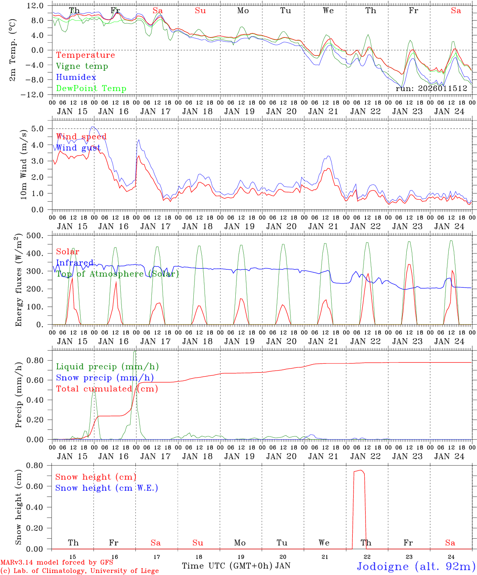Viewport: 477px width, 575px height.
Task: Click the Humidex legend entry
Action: coord(76,77)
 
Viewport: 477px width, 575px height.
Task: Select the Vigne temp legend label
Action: coord(82,66)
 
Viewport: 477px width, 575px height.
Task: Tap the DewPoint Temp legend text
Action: coord(91,89)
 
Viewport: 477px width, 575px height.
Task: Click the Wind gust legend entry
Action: coord(78,148)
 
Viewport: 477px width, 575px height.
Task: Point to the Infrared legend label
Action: coord(75,263)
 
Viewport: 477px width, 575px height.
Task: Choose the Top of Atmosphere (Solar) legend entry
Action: coord(117,274)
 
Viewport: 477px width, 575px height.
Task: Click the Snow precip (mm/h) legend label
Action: coord(105,378)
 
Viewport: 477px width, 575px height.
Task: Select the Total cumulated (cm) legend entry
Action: coord(107,389)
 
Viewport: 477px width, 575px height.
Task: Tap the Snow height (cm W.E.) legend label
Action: coord(106,488)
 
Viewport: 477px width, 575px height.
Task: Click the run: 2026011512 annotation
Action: coord(431,89)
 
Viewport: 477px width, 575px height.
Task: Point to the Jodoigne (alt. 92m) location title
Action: coord(416,566)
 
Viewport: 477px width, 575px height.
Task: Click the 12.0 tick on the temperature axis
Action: coord(36,6)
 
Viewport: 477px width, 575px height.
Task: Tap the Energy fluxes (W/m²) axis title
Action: coord(18,280)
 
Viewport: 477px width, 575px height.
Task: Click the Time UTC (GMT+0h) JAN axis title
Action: coord(236,566)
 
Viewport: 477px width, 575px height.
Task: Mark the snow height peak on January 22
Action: coord(361,470)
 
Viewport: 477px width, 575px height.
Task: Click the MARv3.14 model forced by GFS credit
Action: coord(57,563)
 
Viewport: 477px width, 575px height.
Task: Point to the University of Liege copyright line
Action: coord(80,571)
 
